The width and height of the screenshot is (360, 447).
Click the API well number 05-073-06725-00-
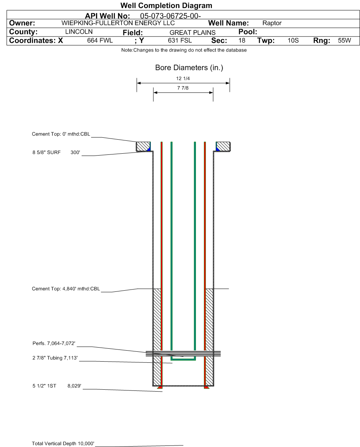[x=170, y=16]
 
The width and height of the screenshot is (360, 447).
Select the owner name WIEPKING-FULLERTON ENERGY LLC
[x=118, y=23]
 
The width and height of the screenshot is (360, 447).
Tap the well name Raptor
[x=272, y=23]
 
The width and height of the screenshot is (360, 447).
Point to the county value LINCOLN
[x=79, y=31]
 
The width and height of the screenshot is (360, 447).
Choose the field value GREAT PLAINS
[x=193, y=33]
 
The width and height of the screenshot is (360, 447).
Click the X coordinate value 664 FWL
[x=100, y=41]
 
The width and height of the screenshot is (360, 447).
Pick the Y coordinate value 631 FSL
[x=180, y=41]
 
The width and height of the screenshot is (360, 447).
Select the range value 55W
[x=344, y=41]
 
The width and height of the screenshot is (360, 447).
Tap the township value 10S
[x=293, y=41]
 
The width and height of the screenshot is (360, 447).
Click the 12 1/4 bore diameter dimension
[x=183, y=79]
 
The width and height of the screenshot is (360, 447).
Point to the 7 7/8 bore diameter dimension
[x=183, y=88]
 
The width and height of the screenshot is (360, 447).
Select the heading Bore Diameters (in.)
[x=189, y=68]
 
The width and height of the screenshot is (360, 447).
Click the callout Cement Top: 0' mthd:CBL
[x=61, y=134]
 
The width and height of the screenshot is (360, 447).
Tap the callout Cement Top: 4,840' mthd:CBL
[x=66, y=289]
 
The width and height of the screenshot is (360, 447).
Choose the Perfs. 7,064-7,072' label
[x=54, y=343]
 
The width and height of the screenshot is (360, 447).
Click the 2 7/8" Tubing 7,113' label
[x=55, y=358]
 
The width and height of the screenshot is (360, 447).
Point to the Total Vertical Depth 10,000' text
[x=63, y=444]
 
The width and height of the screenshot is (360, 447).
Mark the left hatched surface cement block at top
[x=143, y=146]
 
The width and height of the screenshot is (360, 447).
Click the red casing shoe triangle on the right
[x=207, y=387]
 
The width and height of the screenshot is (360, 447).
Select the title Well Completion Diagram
[x=166, y=5]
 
